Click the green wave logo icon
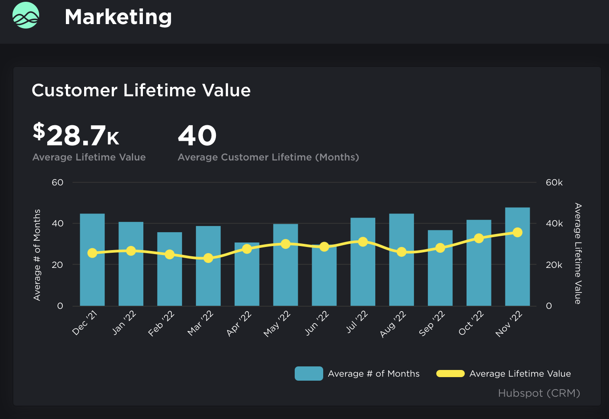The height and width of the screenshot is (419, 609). coord(26,15)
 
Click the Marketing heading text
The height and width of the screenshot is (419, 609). coord(118,17)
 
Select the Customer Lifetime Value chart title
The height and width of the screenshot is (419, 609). coord(141,90)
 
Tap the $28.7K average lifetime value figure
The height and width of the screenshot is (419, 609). coord(76,136)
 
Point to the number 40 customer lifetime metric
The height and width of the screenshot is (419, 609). coord(197,136)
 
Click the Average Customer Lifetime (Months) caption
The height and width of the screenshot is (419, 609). coord(268,157)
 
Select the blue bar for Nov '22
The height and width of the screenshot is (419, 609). coord(517,267)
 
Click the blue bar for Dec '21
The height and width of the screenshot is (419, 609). coord(92,281)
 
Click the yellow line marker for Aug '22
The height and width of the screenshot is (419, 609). coord(402,252)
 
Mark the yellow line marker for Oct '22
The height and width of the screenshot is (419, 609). coord(479,238)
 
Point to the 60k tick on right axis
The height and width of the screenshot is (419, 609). coord(554,183)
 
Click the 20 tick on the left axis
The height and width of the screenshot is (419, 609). coord(57,265)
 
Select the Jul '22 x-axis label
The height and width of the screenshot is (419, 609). coord(357,323)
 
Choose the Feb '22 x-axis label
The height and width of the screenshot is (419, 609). coord(161,324)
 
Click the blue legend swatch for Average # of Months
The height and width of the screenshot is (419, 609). coord(309,374)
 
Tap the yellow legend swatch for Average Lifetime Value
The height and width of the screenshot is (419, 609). coord(450,374)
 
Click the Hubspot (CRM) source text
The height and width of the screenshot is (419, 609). coord(539,393)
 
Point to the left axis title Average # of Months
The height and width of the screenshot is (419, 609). coord(37,255)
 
